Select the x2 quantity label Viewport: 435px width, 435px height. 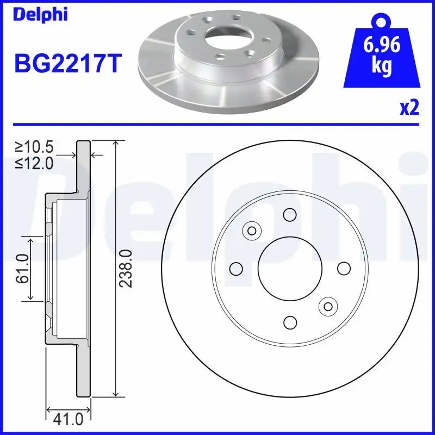(x=409, y=109)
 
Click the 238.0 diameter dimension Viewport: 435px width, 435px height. (x=127, y=269)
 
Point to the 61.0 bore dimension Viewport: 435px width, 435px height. (x=22, y=269)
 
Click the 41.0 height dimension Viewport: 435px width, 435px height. (x=68, y=419)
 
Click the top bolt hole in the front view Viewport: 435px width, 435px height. (x=290, y=214)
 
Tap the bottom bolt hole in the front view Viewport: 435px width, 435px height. (x=290, y=322)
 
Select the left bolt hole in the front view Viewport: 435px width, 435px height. (x=236, y=268)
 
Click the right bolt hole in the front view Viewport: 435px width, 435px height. (x=344, y=268)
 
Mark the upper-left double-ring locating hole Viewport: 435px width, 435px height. (x=252, y=231)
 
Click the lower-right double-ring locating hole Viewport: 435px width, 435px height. (x=328, y=307)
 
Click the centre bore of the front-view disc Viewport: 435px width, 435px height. (x=290, y=268)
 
